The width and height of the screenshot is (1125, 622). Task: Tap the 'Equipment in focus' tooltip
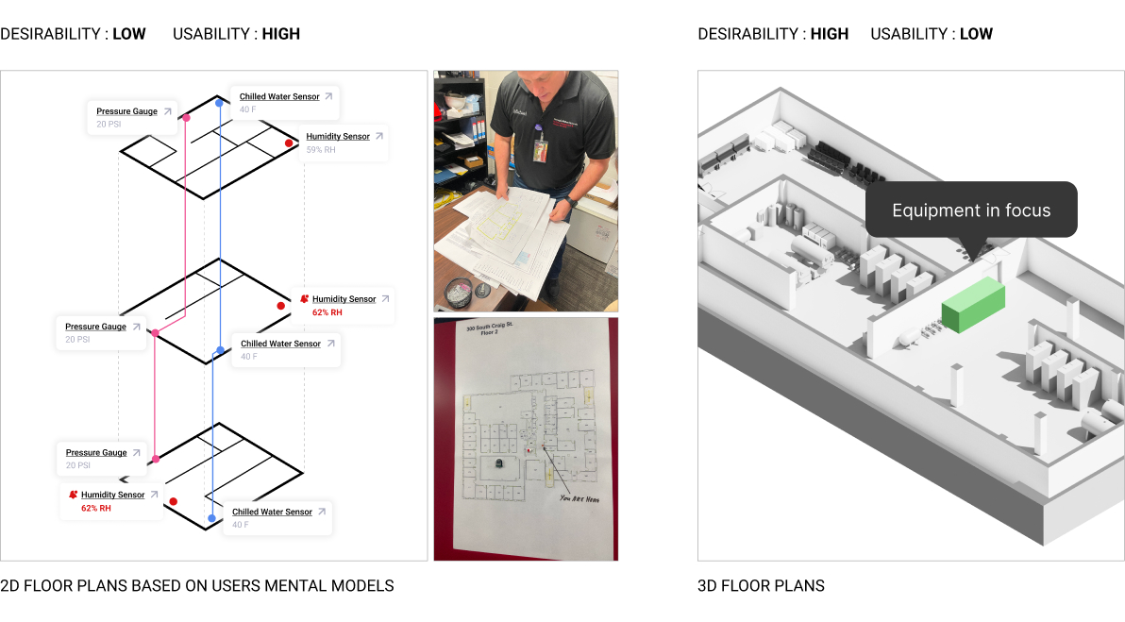[x=971, y=210]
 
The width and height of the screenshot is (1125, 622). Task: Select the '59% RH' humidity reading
[x=321, y=150]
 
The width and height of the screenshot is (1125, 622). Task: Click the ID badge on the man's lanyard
[x=541, y=149]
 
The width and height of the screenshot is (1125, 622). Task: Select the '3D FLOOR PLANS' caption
[x=761, y=586]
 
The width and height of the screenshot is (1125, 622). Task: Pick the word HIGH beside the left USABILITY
[x=281, y=34]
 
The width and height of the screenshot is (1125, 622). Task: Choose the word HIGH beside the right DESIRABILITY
[x=830, y=34]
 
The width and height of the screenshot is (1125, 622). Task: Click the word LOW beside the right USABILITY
[x=976, y=34]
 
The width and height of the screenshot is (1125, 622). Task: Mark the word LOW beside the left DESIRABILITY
[x=129, y=34]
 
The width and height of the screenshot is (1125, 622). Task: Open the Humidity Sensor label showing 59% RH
[x=338, y=137]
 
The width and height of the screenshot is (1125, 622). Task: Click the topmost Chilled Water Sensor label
[x=279, y=96]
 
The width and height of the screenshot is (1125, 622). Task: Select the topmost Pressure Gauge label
[x=126, y=111]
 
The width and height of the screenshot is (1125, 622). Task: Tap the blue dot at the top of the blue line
[x=219, y=102]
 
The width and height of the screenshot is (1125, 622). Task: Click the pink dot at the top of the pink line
[x=187, y=118]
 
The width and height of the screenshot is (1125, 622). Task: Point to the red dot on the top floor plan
[x=290, y=143]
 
